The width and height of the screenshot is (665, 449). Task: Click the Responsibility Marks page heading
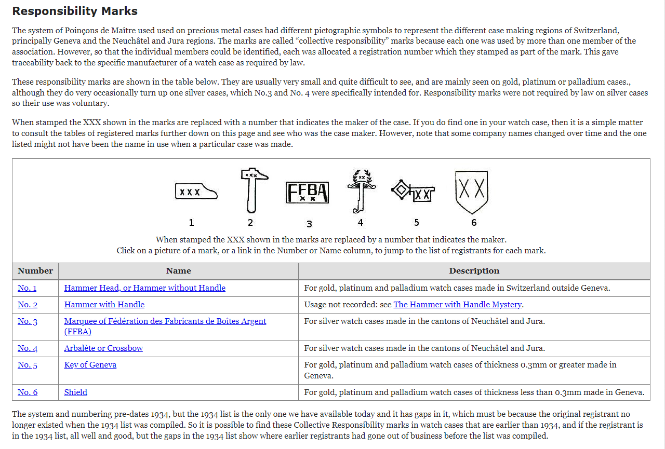click(x=75, y=11)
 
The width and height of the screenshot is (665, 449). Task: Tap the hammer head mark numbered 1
click(x=196, y=192)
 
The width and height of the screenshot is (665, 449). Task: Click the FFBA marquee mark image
click(x=307, y=193)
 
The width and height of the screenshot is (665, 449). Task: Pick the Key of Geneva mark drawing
click(x=413, y=192)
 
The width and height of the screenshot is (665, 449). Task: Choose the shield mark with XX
click(x=472, y=192)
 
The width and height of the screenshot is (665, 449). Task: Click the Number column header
click(x=35, y=271)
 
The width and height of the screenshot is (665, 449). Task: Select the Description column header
click(x=474, y=271)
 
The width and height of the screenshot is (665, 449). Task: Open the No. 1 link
click(x=27, y=288)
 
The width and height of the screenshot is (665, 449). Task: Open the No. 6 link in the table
click(x=28, y=392)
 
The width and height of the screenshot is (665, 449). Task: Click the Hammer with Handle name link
click(x=104, y=305)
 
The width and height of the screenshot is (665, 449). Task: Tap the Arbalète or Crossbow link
click(x=103, y=348)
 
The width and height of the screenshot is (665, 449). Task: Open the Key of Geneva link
click(x=90, y=365)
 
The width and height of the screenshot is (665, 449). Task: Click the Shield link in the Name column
click(x=76, y=392)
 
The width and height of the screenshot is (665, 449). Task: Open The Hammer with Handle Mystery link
click(x=458, y=305)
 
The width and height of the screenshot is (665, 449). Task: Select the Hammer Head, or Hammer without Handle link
click(x=145, y=288)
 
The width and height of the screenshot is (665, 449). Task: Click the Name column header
click(x=178, y=271)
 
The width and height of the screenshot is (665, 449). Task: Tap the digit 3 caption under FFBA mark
click(x=309, y=224)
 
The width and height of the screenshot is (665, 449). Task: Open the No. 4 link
click(x=28, y=348)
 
